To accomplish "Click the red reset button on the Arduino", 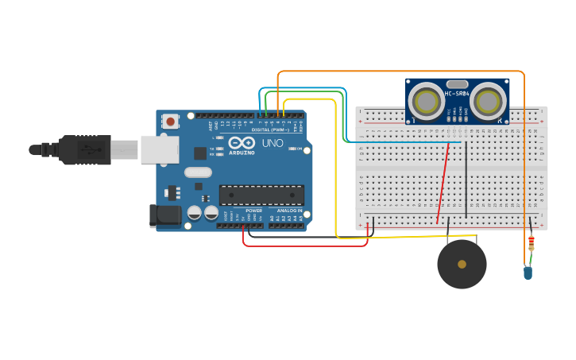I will point(170,122).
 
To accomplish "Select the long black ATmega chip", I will point(261,195).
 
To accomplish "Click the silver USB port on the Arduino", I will point(159,149).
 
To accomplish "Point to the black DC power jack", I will point(165,215).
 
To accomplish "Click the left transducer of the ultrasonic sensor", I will point(427,102).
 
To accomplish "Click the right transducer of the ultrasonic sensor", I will point(487,102).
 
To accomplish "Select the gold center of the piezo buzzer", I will point(462,264).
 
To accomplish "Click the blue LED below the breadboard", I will point(528,273).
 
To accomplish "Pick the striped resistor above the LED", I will point(531,243).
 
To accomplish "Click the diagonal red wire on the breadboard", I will point(443,183).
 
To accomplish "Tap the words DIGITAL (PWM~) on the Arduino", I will point(270,130).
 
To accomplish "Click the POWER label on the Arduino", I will point(253,211).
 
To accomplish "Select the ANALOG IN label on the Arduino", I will point(289,211).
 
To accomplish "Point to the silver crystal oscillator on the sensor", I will point(457,83).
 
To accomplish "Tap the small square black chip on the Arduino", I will point(199,153).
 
